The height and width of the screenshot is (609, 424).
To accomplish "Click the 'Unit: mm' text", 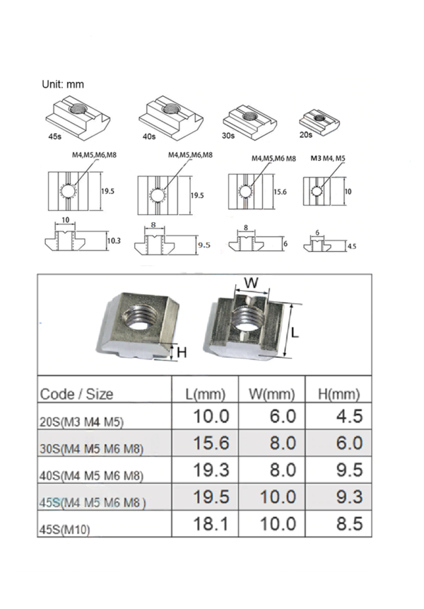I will (64, 84).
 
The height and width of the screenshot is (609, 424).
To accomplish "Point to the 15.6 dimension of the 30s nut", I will (281, 192).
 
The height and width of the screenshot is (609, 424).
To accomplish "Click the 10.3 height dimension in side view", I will (114, 240).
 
